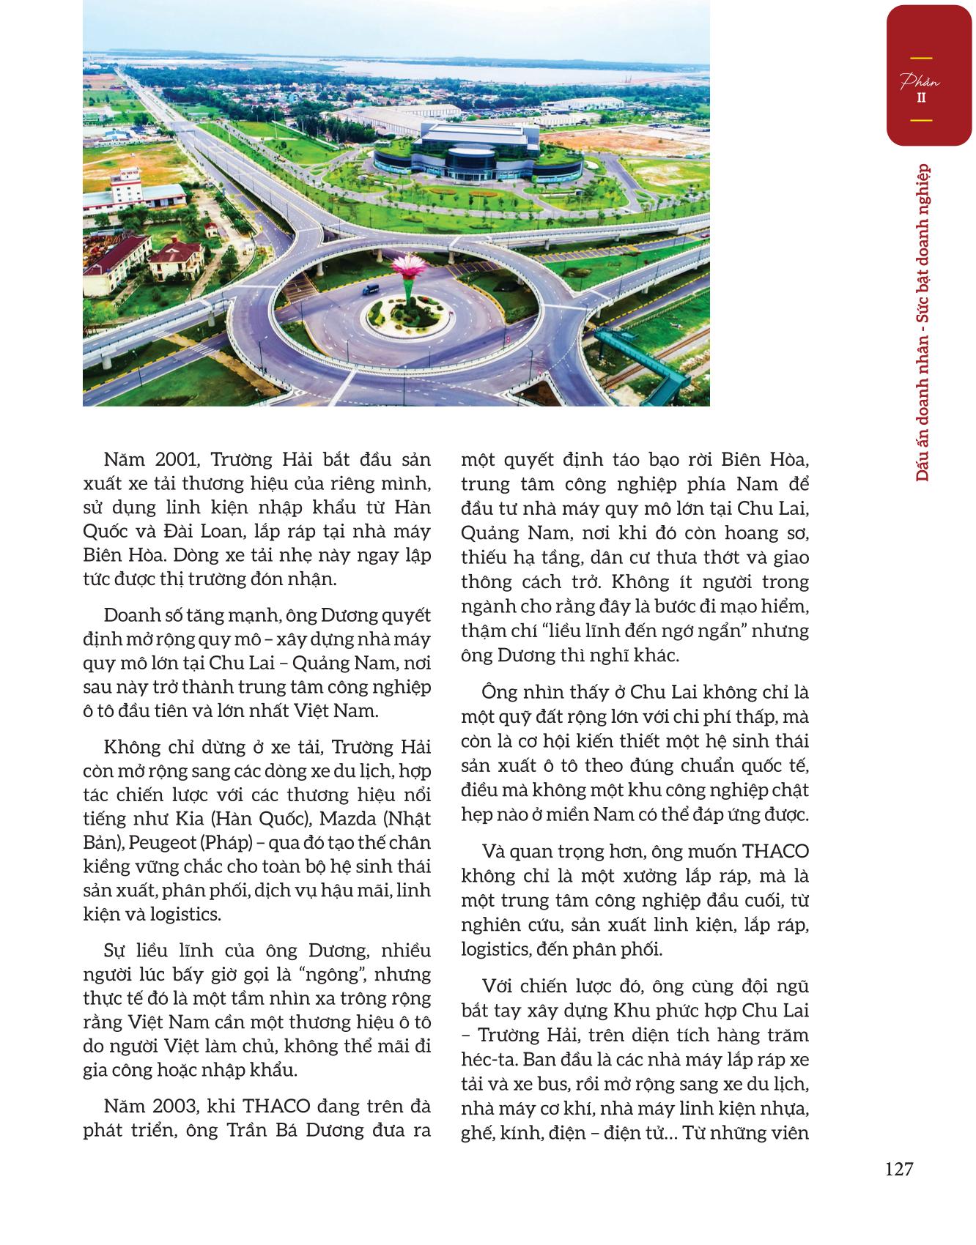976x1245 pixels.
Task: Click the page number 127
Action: click(x=898, y=1169)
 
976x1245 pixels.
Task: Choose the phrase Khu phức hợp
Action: click(x=687, y=1011)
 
